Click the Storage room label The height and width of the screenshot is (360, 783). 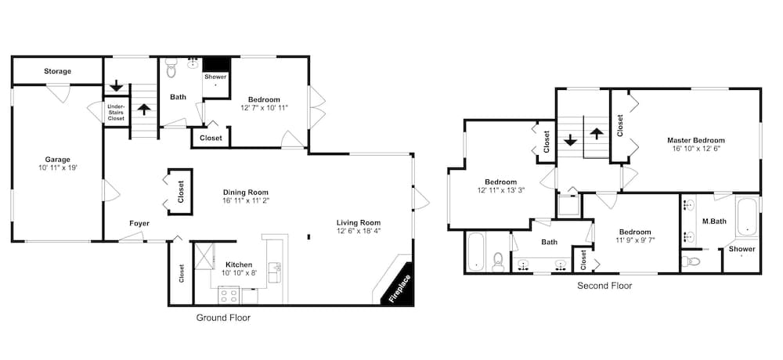[x=57, y=71]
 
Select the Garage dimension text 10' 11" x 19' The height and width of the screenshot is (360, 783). [x=57, y=167]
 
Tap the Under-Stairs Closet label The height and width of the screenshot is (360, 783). [x=116, y=112]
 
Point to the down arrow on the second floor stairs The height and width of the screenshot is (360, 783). [x=571, y=141]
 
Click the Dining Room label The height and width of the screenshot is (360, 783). [x=246, y=192]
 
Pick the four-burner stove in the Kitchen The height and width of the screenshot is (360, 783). [x=229, y=296]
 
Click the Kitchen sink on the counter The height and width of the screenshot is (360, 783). [x=275, y=272]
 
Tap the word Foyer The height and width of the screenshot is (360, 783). [x=139, y=224]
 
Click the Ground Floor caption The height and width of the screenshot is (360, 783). [x=222, y=319]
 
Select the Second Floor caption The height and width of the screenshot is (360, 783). [x=604, y=286]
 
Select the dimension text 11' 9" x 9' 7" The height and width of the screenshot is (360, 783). [x=635, y=241]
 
